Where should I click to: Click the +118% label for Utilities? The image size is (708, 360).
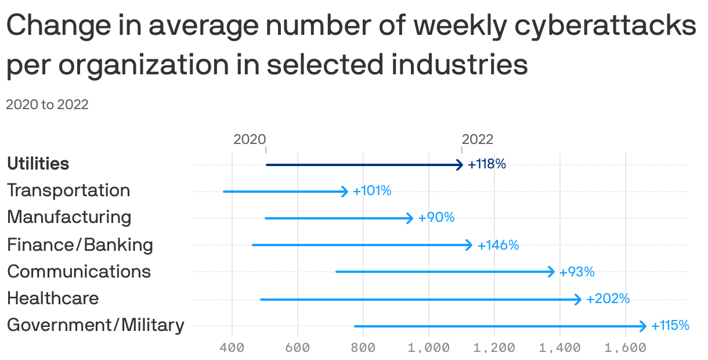pyautogui.click(x=487, y=164)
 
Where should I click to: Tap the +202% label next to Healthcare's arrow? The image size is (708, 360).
pyautogui.click(x=608, y=299)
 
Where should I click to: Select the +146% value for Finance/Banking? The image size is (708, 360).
pyautogui.click(x=498, y=246)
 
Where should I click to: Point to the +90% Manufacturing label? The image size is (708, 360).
pyautogui.click(x=436, y=218)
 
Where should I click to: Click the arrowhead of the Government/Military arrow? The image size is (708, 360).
pyautogui.click(x=642, y=326)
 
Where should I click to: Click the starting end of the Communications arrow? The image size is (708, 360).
pyautogui.click(x=337, y=272)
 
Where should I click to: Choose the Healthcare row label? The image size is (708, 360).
pyautogui.click(x=53, y=298)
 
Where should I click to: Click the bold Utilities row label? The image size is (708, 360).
pyautogui.click(x=38, y=164)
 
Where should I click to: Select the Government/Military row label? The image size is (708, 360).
pyautogui.click(x=95, y=325)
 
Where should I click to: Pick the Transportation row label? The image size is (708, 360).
pyautogui.click(x=68, y=190)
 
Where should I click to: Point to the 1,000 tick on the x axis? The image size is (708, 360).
pyautogui.click(x=428, y=348)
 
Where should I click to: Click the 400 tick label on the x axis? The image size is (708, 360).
pyautogui.click(x=232, y=348)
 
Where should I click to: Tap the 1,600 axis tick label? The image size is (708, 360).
pyautogui.click(x=625, y=348)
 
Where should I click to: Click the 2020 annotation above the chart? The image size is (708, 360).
pyautogui.click(x=250, y=139)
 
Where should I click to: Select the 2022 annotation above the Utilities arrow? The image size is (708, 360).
pyautogui.click(x=478, y=139)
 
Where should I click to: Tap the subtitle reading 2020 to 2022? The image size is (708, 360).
pyautogui.click(x=47, y=105)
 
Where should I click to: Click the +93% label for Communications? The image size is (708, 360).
pyautogui.click(x=577, y=272)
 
